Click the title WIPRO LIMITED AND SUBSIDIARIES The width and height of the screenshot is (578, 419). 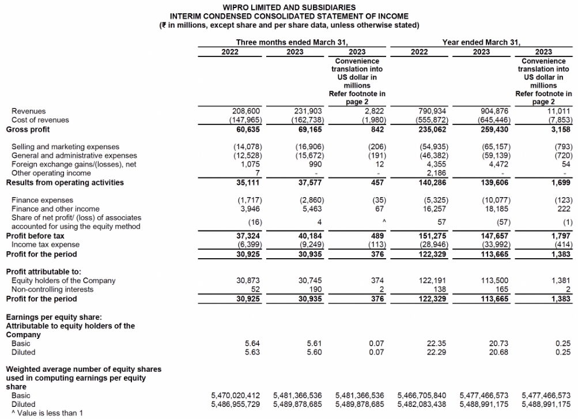click(289, 7)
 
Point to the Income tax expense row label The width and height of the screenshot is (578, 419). click(39, 245)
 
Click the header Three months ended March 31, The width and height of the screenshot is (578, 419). click(293, 43)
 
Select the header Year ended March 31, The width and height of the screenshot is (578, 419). click(481, 43)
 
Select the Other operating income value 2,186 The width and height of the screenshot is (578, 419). click(436, 173)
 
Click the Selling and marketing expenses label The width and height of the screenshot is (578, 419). click(66, 147)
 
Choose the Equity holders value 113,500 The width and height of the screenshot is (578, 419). click(496, 281)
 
